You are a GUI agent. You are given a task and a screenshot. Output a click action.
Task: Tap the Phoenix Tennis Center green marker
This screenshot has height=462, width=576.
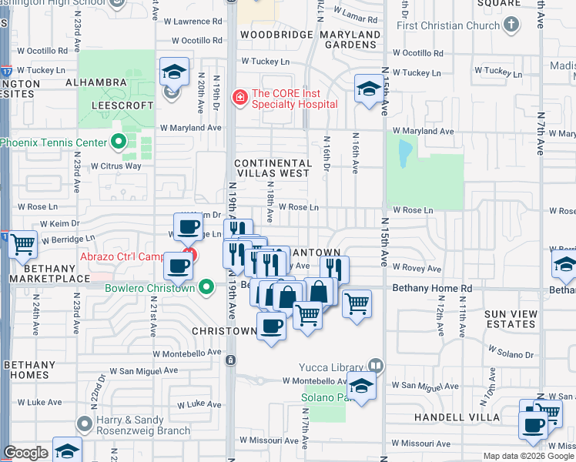pos(118,142)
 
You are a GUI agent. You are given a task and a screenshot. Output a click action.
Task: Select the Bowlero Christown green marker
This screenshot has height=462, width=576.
pos(206,288)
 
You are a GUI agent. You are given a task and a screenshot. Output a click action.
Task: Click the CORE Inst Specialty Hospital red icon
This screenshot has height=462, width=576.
pos(240,96)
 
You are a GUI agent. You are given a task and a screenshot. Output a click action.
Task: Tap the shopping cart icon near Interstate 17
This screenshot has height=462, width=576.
pos(23,243)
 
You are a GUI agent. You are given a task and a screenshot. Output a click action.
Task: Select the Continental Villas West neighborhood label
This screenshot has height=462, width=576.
pos(273,169)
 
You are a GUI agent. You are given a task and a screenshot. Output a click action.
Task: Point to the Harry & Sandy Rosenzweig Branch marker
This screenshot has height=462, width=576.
pos(84,423)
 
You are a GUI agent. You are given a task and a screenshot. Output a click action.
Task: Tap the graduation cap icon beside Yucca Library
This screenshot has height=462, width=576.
pos(361,383)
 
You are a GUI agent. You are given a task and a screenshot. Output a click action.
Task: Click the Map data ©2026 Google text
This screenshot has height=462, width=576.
pos(528,456)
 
